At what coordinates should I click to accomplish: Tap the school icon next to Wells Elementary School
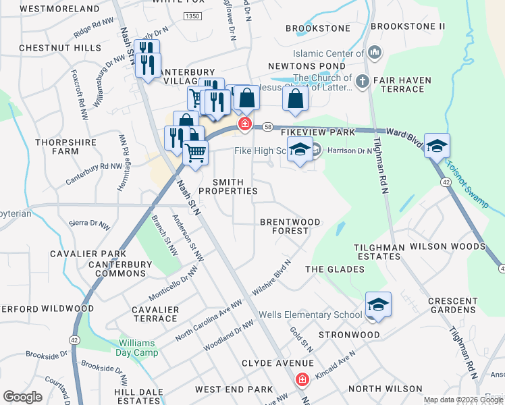(379, 305)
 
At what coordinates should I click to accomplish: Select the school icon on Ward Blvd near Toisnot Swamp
(437, 146)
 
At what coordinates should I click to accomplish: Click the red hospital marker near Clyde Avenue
(302, 381)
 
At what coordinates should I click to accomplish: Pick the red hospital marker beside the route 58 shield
(244, 124)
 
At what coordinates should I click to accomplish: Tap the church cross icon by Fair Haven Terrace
(362, 82)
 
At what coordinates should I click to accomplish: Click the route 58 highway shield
(268, 126)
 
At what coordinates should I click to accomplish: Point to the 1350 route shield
(192, 16)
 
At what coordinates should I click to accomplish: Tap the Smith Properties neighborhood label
(235, 187)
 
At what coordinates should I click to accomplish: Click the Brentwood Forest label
(290, 226)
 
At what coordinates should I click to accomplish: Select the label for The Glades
(334, 269)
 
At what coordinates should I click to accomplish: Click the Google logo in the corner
(22, 397)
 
